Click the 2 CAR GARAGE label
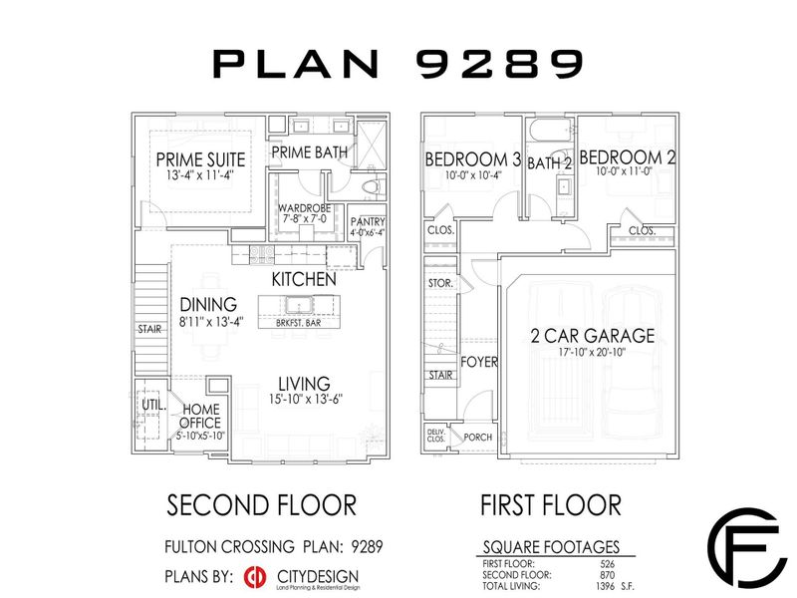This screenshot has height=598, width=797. tap(592, 335)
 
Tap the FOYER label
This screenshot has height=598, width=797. tap(478, 362)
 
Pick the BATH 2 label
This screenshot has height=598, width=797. tap(548, 163)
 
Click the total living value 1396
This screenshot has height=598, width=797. tap(627, 582)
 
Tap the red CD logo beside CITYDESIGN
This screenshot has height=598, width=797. tap(254, 578)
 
